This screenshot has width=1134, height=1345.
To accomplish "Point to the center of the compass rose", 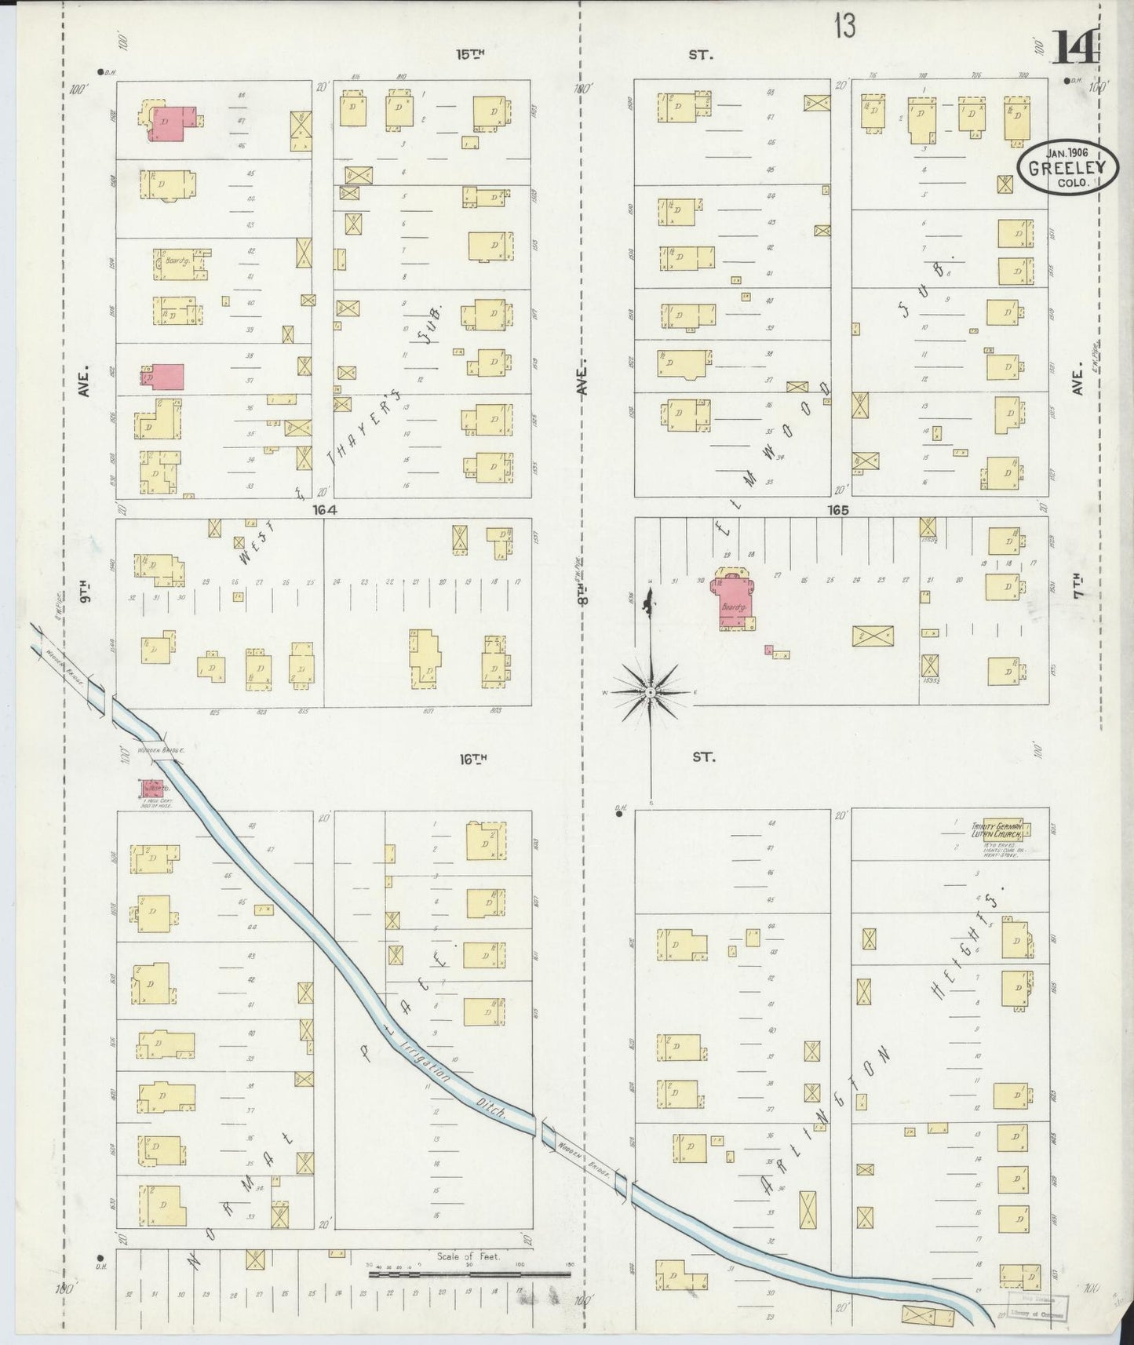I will coord(651,694).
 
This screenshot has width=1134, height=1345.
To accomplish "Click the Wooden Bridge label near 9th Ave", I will coord(160,751).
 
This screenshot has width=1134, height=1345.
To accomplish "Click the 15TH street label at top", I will coord(472,54).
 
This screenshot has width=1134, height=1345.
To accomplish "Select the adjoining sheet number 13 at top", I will coord(844,27).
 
